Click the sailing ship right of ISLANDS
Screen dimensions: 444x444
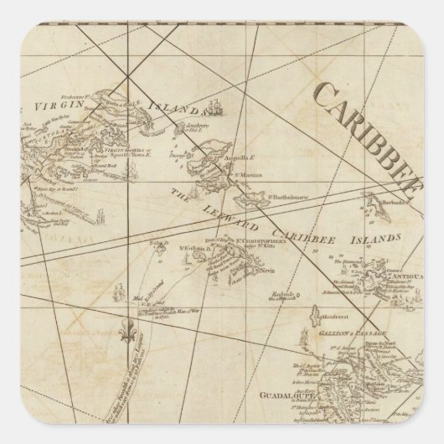217,106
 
